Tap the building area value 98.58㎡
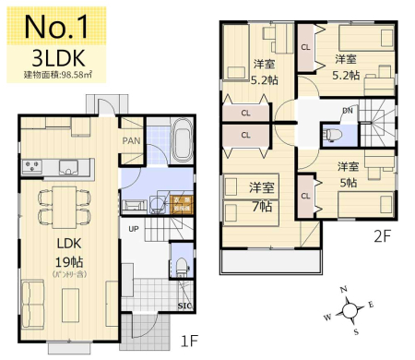pyautogui.click(x=76, y=75)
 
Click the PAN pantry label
pyautogui.click(x=133, y=141)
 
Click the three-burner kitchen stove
pyautogui.click(x=32, y=166)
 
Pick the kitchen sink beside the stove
pyautogui.click(x=69, y=166)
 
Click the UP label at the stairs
pyautogui.click(x=133, y=228)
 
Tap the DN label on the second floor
pyautogui.click(x=347, y=112)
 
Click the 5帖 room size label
pyautogui.click(x=347, y=182)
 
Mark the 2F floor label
pyautogui.click(x=382, y=235)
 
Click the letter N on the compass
pyautogui.click(x=344, y=289)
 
